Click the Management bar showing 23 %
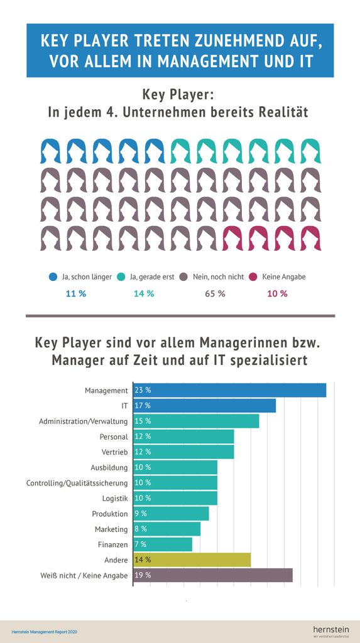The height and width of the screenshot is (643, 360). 230,390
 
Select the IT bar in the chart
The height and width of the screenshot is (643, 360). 205,406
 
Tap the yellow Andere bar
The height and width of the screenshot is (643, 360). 192,559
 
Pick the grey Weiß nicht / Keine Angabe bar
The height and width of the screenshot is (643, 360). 213,575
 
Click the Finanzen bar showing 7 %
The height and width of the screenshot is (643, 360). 163,544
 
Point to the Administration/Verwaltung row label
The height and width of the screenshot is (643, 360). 84,421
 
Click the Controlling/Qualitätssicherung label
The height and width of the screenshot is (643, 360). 77,483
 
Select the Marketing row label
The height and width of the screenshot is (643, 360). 111,529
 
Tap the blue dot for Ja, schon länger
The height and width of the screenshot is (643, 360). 53,277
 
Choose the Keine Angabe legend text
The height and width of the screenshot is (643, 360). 283,277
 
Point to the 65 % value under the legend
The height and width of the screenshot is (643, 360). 215,294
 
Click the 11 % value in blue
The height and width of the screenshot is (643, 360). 76,294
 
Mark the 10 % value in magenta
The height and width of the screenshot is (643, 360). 277,294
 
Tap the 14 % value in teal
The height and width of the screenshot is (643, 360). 144,294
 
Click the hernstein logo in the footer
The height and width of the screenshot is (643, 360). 330,629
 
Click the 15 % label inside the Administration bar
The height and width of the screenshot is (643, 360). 143,421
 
